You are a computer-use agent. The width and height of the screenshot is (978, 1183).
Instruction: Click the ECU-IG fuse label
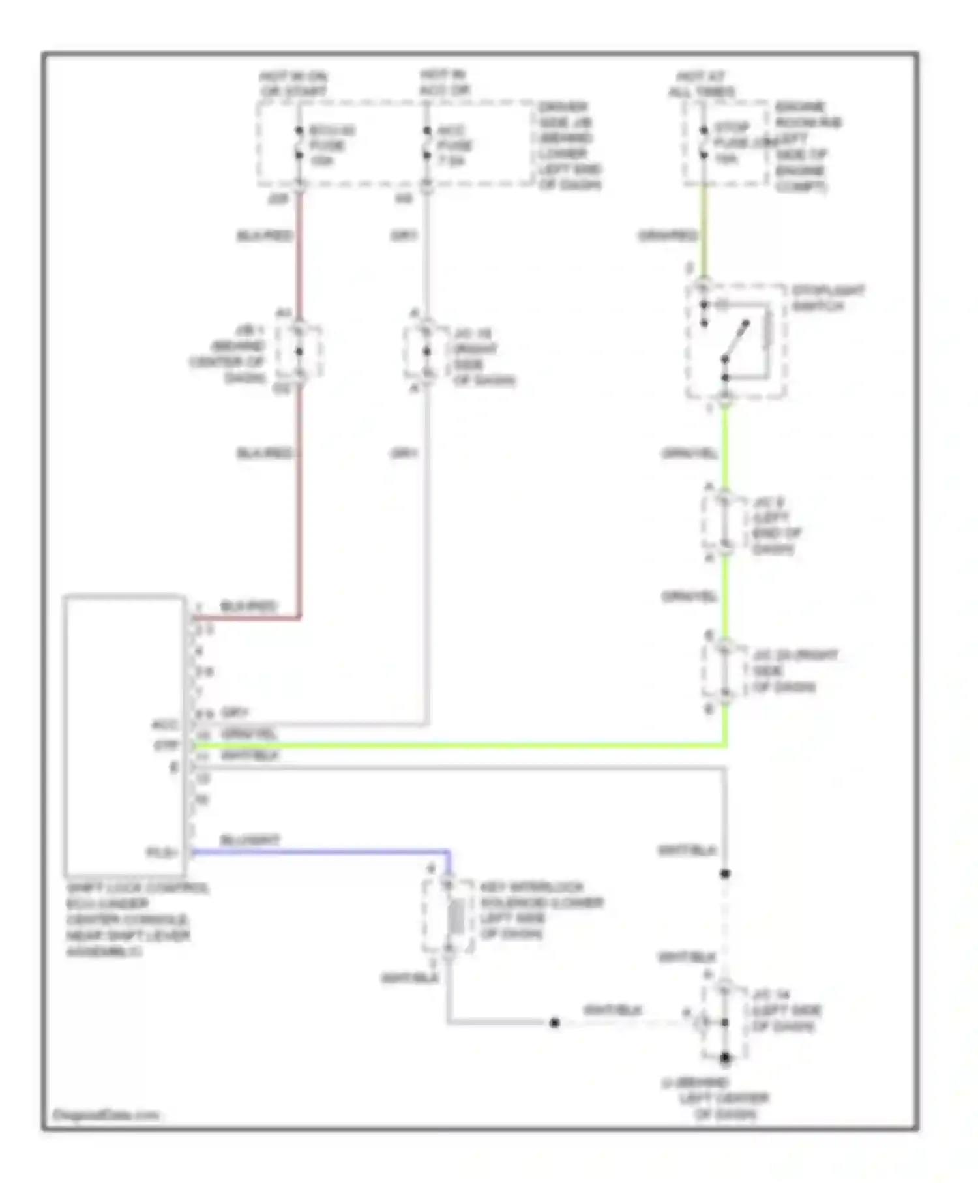click(331, 144)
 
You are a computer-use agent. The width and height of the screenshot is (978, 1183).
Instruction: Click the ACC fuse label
click(454, 144)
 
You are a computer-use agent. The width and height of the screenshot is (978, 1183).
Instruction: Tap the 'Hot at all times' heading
click(701, 84)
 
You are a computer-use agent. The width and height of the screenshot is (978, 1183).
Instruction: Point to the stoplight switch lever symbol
click(735, 340)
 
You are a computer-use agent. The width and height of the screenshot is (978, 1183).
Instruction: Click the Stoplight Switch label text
click(828, 298)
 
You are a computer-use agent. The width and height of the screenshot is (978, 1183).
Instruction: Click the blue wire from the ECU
click(319, 851)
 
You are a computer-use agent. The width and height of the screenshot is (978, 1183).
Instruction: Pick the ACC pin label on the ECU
click(165, 725)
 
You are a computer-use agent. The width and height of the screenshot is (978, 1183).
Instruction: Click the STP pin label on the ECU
click(166, 745)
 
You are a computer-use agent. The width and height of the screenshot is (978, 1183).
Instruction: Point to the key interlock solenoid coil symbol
click(456, 916)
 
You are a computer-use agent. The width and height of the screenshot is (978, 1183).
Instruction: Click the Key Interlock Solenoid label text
click(541, 910)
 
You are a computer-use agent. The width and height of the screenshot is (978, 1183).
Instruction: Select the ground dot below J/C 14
click(725, 1057)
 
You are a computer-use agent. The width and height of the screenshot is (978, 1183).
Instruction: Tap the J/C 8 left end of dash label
click(776, 526)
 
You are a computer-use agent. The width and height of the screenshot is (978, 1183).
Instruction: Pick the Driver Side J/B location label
click(569, 145)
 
